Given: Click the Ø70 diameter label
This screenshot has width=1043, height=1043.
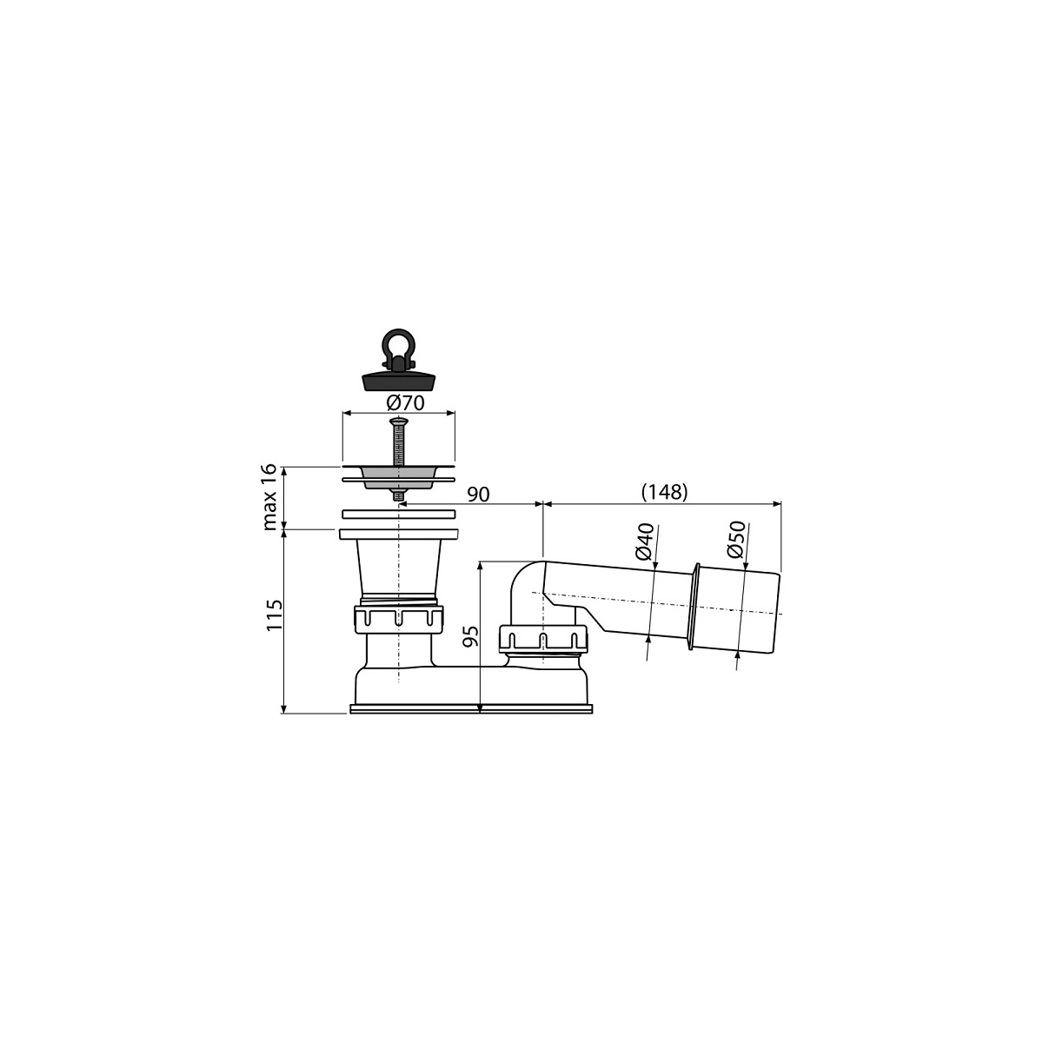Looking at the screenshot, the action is (x=405, y=403).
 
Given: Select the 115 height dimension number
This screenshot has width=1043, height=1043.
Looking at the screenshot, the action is (x=274, y=615).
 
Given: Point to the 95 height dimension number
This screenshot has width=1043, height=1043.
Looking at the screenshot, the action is (x=471, y=636).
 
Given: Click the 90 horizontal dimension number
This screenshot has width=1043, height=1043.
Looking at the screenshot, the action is (x=478, y=495).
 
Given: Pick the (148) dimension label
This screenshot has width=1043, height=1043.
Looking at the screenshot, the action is (x=663, y=492).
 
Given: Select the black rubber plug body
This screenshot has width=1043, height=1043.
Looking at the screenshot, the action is (x=399, y=381).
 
